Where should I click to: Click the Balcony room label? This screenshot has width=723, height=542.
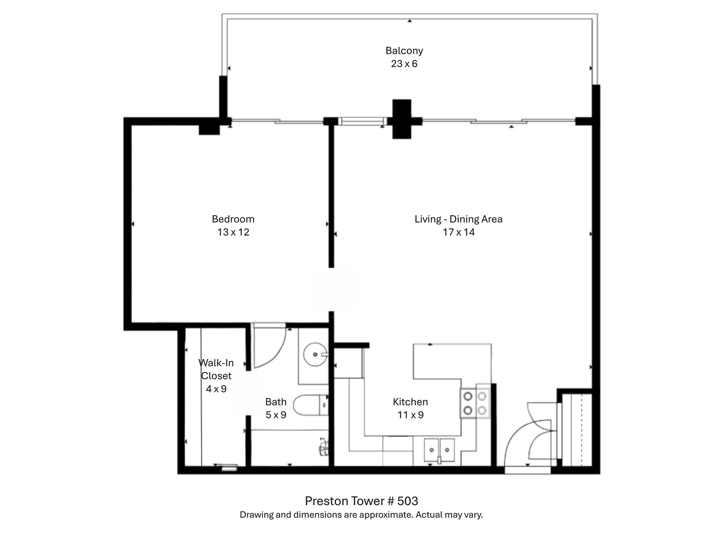tap(404, 51)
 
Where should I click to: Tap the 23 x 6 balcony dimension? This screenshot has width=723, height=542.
tap(404, 64)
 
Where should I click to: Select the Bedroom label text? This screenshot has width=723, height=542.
tap(233, 219)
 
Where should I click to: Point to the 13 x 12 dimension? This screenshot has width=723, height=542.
tap(233, 232)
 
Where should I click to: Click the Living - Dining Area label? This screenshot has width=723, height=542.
tap(458, 219)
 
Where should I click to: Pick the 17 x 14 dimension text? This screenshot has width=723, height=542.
tap(458, 232)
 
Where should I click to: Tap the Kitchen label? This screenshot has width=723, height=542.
tap(410, 402)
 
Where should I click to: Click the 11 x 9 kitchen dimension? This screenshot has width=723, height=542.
tap(410, 415)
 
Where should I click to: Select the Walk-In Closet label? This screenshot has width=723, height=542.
tap(216, 369)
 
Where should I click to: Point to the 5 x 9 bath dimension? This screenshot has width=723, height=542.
tap(276, 415)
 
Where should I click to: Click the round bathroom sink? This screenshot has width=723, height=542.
tap(315, 354)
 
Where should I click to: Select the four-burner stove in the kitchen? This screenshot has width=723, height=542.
tap(475, 403)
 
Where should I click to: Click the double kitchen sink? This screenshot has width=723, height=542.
tap(439, 450)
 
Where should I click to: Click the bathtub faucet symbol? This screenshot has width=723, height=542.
tap(323, 447)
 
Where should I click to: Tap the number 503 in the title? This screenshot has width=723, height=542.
tap(407, 501)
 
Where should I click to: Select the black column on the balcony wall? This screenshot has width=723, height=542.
tap(402, 119)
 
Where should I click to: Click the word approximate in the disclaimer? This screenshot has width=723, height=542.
tap(386, 515)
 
